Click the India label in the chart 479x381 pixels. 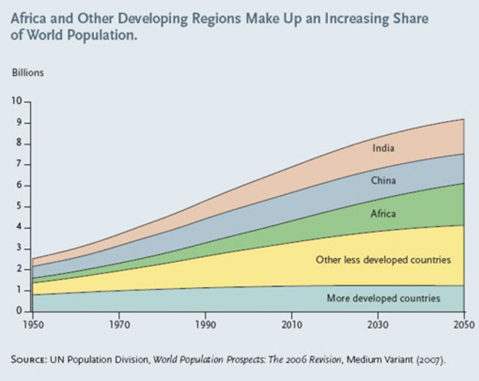(383, 149)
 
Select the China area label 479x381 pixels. (383, 181)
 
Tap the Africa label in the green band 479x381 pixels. (383, 214)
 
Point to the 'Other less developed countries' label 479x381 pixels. (383, 260)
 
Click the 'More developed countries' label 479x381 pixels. (383, 298)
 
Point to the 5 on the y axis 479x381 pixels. (20, 206)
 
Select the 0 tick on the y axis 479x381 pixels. (20, 311)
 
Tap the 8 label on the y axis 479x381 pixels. (20, 144)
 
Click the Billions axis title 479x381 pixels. (27, 72)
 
